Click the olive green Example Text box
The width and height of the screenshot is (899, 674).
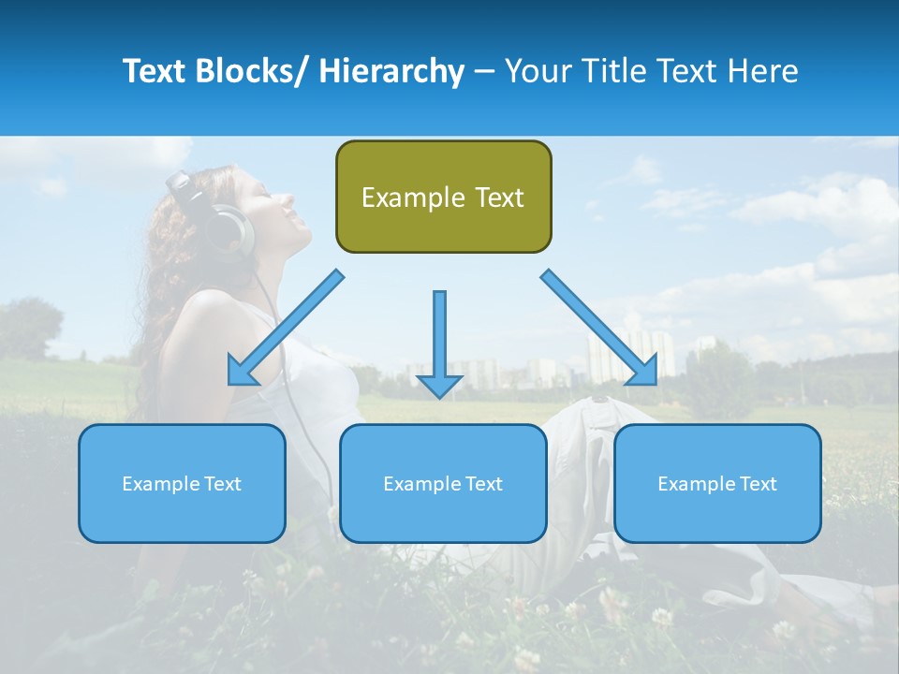(x=443, y=197)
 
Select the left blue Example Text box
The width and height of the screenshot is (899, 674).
(x=182, y=483)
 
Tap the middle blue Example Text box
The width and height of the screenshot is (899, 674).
(x=443, y=483)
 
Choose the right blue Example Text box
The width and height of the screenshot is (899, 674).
(x=717, y=483)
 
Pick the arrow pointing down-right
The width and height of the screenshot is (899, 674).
(x=599, y=328)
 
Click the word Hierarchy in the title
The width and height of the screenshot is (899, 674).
(x=391, y=71)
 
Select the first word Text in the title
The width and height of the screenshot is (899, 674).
(x=155, y=71)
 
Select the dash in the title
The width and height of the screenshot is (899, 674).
(x=484, y=71)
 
